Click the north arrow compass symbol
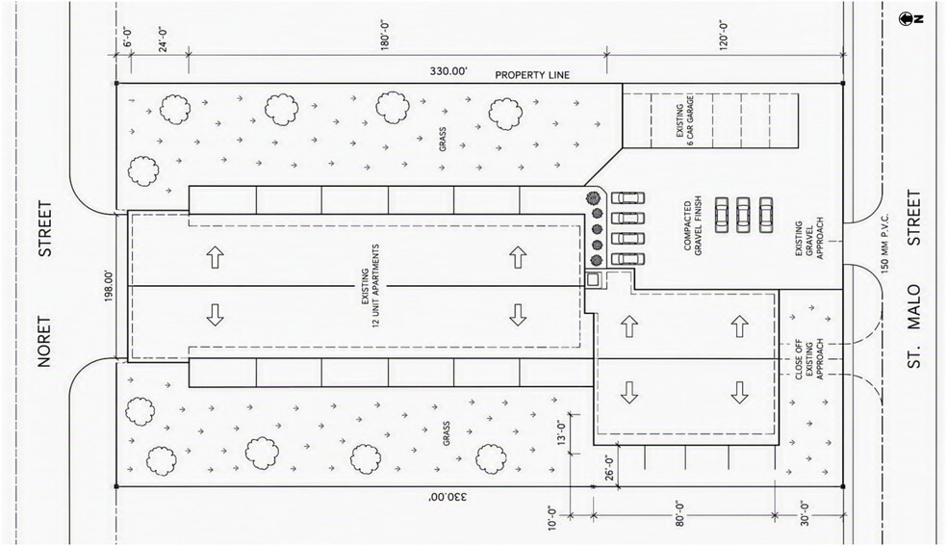tap(906, 18)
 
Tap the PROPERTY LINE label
tap(532, 75)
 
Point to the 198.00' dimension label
tap(109, 286)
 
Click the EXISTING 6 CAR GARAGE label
tap(685, 121)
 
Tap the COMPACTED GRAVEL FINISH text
tap(693, 226)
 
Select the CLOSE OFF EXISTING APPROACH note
tap(809, 359)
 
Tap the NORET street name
tap(44, 342)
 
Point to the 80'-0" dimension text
tap(679, 514)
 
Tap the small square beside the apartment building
tap(593, 279)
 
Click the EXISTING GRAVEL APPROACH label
tap(809, 241)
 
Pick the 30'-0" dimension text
tap(805, 514)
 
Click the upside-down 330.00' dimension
tap(448, 497)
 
